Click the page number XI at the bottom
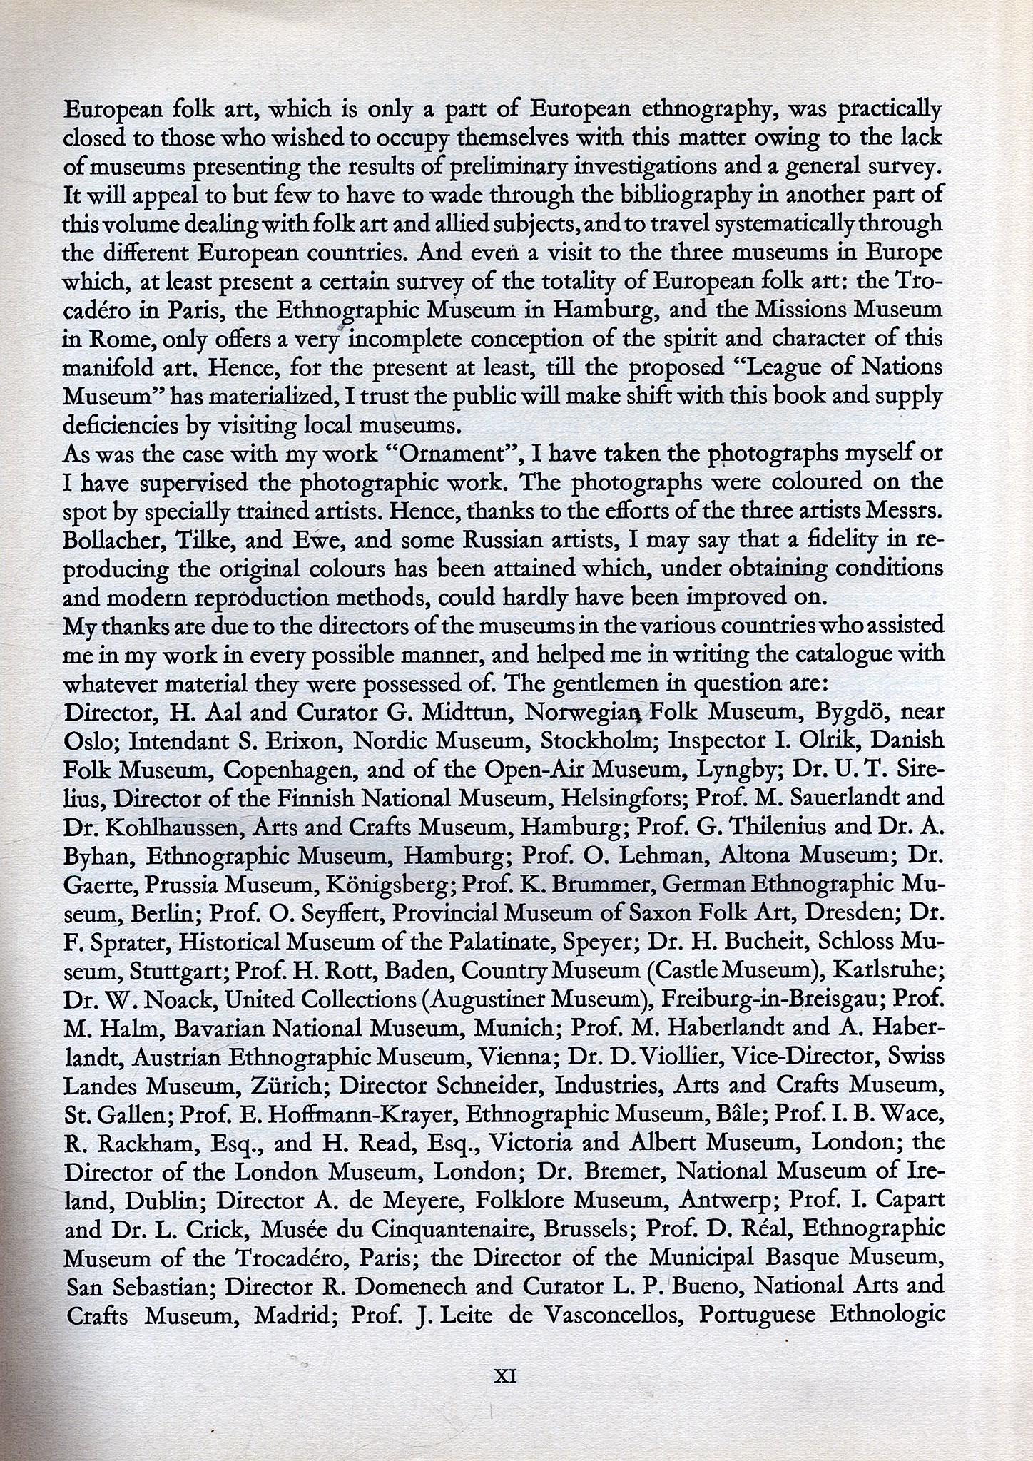point(505,1376)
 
